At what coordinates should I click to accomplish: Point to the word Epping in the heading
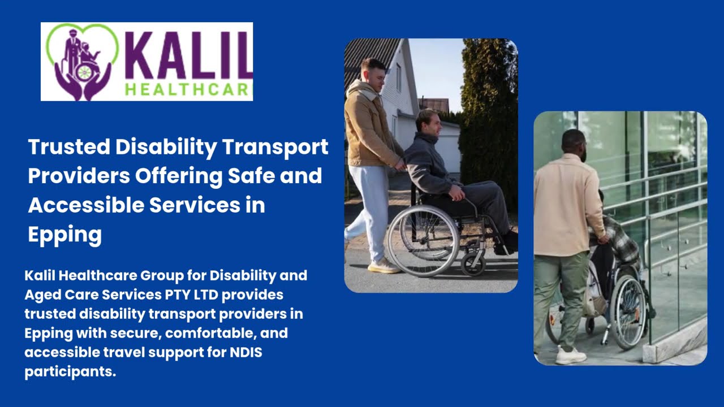[64, 234]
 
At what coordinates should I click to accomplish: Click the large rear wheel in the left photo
[423, 240]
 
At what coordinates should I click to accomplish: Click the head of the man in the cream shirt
[574, 145]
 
